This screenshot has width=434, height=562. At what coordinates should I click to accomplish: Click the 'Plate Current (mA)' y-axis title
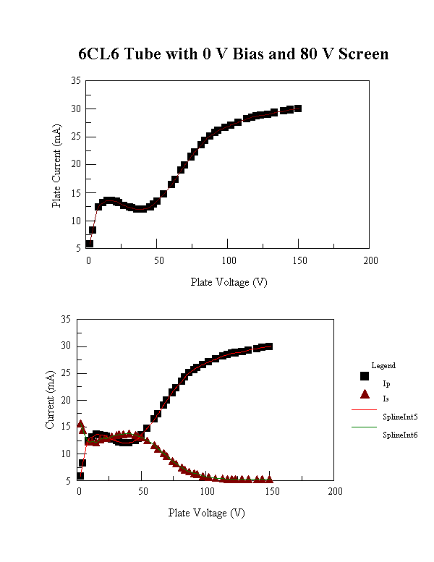[x=56, y=166]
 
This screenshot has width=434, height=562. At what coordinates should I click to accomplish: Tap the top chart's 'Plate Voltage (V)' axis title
[x=229, y=282]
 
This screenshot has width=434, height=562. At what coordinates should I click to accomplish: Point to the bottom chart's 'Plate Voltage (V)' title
[x=206, y=513]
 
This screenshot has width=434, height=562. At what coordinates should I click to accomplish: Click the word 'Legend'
[x=383, y=366]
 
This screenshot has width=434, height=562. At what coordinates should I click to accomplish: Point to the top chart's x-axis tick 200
[x=369, y=261]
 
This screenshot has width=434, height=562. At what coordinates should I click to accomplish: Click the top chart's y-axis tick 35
[x=75, y=81]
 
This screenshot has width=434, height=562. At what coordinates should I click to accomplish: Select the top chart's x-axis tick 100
[x=229, y=261]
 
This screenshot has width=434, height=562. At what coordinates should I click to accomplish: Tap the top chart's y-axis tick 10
[x=75, y=221]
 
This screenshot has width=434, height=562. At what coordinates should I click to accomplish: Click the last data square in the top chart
[x=297, y=108]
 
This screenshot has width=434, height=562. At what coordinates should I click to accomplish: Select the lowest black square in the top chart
[x=89, y=244]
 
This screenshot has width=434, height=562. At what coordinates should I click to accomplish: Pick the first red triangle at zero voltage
[x=80, y=424]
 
